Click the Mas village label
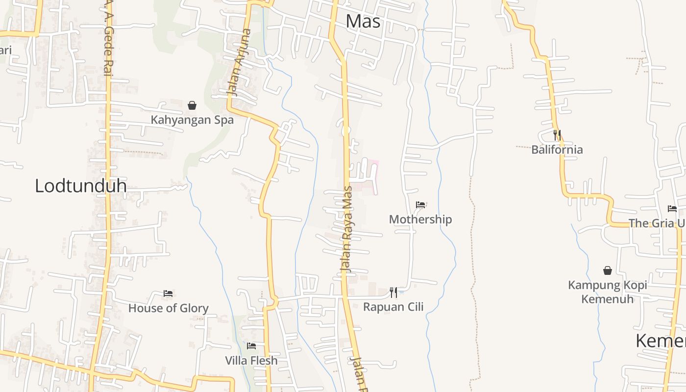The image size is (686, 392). tap(363, 21)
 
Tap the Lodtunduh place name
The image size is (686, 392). tap(81, 186)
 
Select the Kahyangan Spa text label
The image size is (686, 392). tap(192, 120)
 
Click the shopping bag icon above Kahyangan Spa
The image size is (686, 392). tap(192, 105)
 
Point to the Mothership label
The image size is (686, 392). tap(420, 219)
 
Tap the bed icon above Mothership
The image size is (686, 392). tap(420, 205)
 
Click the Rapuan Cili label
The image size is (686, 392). tap(393, 307)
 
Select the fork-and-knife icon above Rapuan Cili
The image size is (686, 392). tap(393, 293)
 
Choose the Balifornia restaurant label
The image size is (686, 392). tap(557, 149)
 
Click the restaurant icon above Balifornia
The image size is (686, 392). tap(557, 135)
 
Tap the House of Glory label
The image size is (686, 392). tap(169, 308)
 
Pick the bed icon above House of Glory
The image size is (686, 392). tap(168, 294)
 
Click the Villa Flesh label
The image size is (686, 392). tap(251, 361)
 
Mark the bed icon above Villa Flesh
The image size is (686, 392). tap(251, 346)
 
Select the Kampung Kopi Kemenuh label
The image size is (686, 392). tap(608, 292)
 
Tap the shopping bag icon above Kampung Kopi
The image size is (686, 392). tap(608, 270)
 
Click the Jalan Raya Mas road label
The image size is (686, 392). tap(347, 229)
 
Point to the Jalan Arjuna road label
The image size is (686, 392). tap(240, 62)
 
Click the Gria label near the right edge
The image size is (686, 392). tap(657, 223)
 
